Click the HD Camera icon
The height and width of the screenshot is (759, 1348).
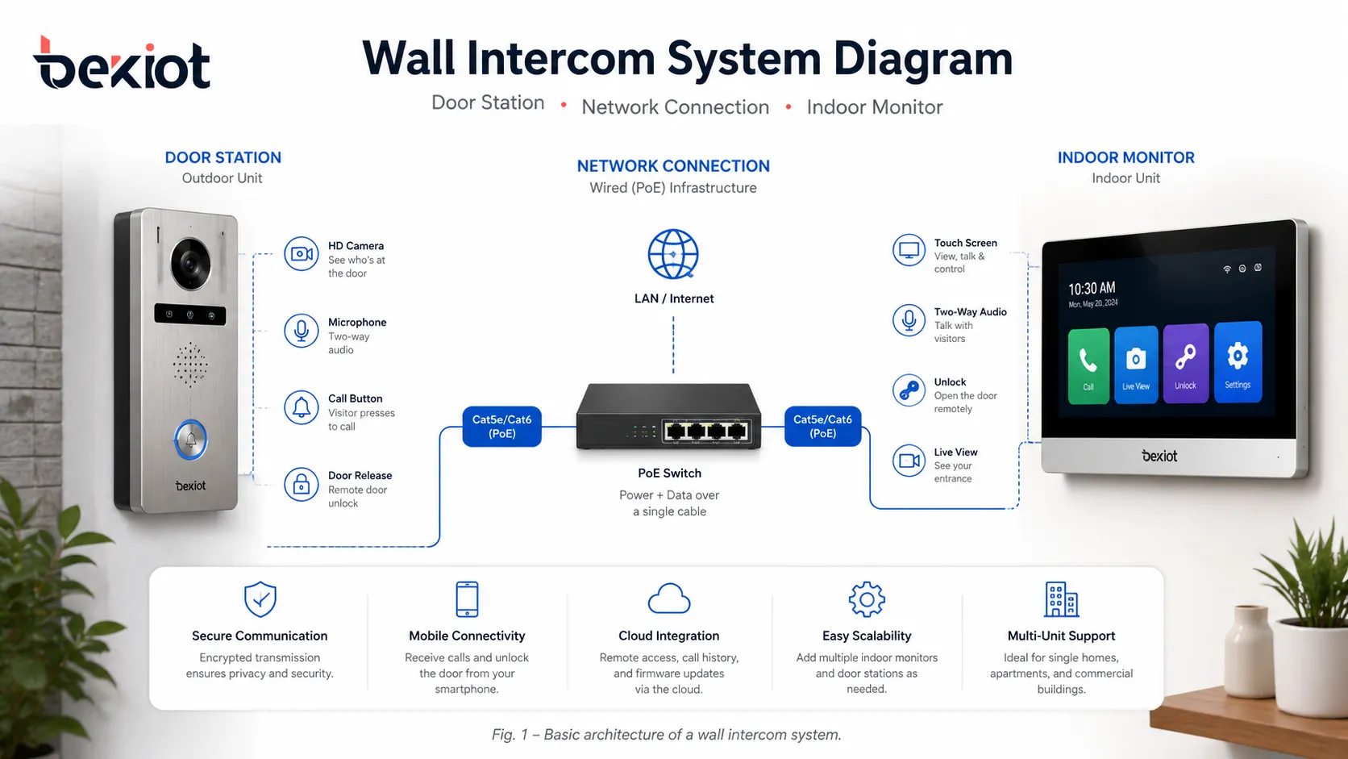[x=302, y=254]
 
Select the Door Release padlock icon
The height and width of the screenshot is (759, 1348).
[x=302, y=485]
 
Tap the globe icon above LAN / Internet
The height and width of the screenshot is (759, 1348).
[x=673, y=254]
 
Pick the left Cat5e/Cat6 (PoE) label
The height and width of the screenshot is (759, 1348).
[x=501, y=427]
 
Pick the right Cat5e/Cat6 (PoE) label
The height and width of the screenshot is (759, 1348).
[x=822, y=427]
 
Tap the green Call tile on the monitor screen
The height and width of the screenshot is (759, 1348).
[x=1088, y=365]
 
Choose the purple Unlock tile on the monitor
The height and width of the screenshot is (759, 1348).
[x=1185, y=362]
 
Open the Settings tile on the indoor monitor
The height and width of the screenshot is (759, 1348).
[x=1238, y=361]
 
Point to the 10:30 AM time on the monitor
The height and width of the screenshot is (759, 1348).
[x=1092, y=289]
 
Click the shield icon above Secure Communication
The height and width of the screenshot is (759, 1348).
[x=260, y=599]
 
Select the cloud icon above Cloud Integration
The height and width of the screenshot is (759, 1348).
[x=669, y=599]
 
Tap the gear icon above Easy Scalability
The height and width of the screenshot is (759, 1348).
[x=867, y=599]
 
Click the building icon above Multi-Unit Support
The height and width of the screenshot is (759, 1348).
[x=1061, y=599]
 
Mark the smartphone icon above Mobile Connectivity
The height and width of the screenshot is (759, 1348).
[x=467, y=599]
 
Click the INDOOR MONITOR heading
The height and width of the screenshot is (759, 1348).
[x=1125, y=158]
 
